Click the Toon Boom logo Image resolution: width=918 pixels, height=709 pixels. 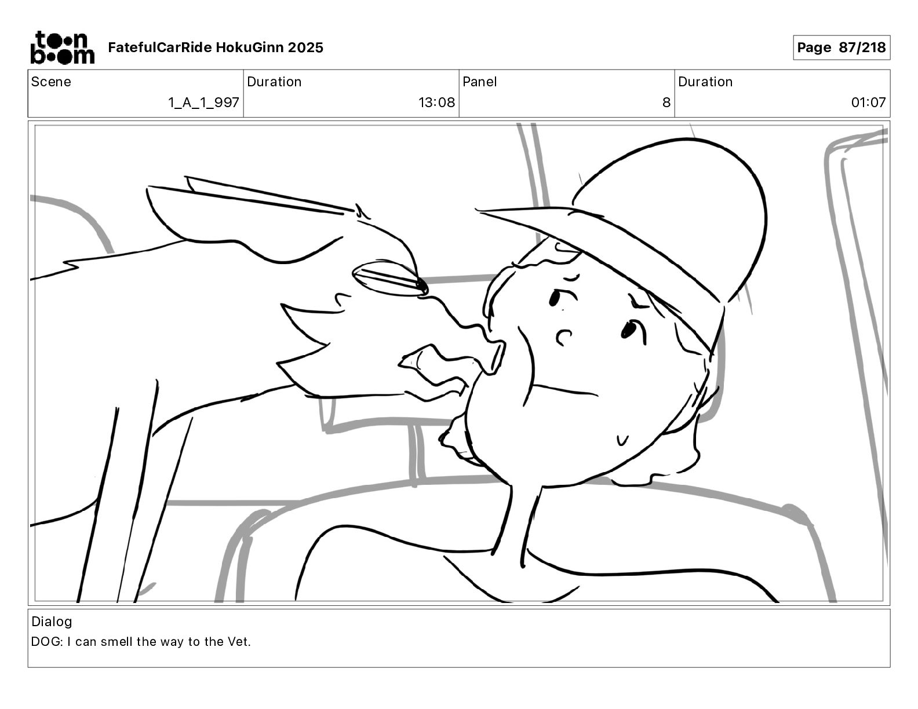pos(63,47)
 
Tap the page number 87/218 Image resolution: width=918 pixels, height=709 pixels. pos(862,47)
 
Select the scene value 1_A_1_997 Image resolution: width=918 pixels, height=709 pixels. pos(203,102)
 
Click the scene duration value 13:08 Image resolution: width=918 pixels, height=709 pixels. pos(436,102)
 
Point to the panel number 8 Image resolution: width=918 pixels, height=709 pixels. pos(666,102)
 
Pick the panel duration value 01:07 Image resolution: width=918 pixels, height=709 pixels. pos(868,102)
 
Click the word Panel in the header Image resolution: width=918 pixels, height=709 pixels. pos(479,82)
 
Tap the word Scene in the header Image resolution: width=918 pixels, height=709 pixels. pos(51,82)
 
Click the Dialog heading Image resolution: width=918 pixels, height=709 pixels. pos(52,622)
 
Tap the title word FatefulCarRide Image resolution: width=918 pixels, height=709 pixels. pos(160,47)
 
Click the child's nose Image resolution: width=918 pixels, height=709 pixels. pos(563,337)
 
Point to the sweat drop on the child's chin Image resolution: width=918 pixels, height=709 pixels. pos(622,440)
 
